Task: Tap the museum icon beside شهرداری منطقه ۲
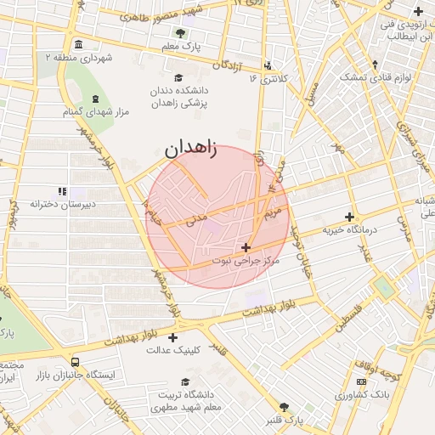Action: pos(79,44)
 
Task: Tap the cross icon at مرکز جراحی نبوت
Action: pos(246,247)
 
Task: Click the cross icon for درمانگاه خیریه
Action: pos(349,217)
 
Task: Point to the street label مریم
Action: pos(272,207)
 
